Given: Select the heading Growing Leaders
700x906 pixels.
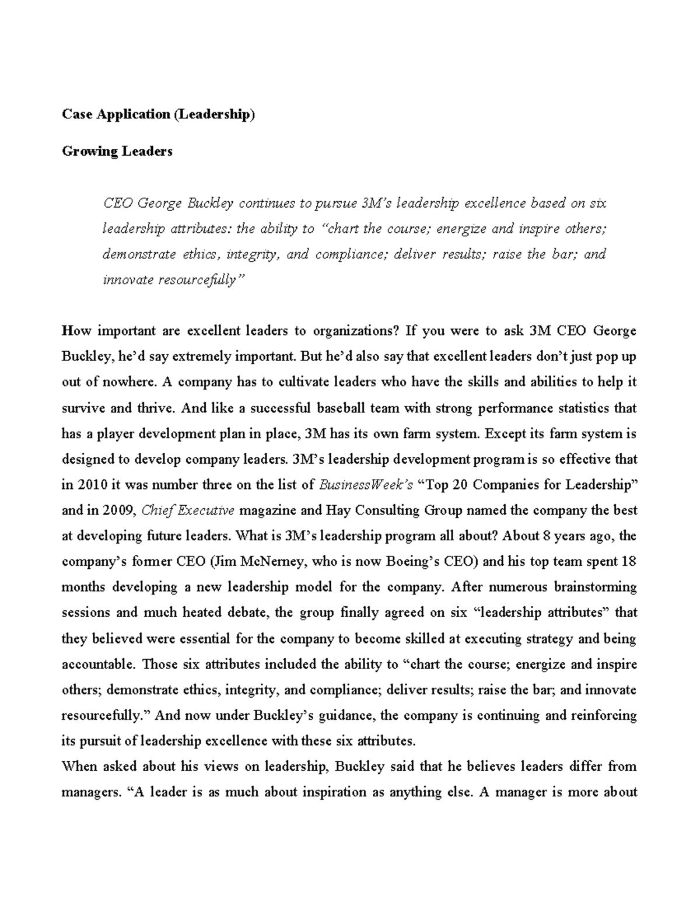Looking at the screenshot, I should coord(117,151).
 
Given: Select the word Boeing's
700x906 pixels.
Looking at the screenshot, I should coord(412,562).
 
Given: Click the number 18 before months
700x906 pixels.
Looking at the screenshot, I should coord(629,562).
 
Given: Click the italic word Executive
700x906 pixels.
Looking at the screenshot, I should coord(205,510).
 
